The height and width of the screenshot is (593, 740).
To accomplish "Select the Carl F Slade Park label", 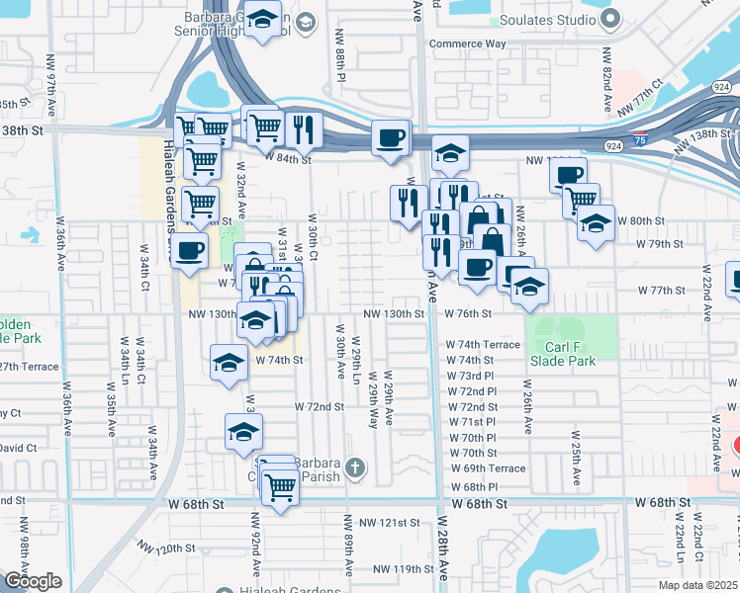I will (570, 354).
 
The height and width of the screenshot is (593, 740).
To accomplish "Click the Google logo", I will (33, 581).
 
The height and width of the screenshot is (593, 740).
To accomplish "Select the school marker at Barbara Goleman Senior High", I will (262, 20).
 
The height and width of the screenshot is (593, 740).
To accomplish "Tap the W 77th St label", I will (662, 291).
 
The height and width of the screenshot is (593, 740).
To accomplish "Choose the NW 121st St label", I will (391, 522).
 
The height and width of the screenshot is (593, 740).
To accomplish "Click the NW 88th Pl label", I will (339, 63).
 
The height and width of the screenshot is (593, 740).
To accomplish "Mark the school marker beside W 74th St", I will (229, 363).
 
